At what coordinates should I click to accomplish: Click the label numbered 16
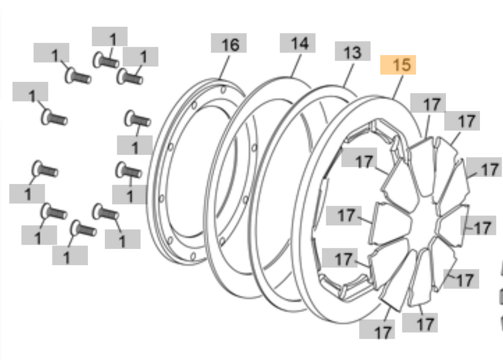point(229,44)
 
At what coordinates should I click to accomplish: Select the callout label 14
point(297,43)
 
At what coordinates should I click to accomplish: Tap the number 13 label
point(352,52)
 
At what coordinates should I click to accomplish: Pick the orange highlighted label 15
point(398,65)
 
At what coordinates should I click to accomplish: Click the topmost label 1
point(110,37)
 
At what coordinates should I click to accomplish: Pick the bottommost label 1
point(70,256)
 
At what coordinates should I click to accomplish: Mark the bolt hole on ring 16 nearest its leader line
point(223,90)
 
